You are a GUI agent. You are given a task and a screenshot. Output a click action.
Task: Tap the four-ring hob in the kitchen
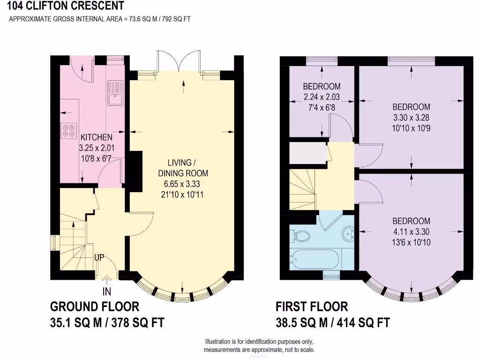pos(69,130)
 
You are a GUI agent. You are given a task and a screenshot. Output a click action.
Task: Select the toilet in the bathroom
pos(299,235)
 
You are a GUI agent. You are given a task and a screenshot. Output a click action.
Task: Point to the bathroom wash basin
pos(347,233)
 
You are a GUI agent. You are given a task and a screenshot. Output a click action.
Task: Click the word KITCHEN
pos(97,137)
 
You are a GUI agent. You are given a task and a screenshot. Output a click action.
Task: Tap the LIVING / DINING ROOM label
pos(182,168)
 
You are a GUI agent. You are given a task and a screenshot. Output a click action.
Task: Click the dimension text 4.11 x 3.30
pos(411,232)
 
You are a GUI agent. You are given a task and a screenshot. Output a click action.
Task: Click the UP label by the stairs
pos(99,257)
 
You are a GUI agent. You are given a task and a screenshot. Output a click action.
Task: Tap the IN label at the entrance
pos(107,292)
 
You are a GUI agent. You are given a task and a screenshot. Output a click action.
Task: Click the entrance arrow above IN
pos(107,280)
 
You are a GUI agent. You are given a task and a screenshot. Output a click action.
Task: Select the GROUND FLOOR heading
pos(95,307)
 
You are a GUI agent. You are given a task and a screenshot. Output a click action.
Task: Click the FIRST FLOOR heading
pos(312,307)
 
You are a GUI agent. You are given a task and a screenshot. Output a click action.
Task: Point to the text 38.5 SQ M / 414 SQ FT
pos(333,323)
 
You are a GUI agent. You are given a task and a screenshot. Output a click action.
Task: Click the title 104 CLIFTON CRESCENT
pos(66,6)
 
